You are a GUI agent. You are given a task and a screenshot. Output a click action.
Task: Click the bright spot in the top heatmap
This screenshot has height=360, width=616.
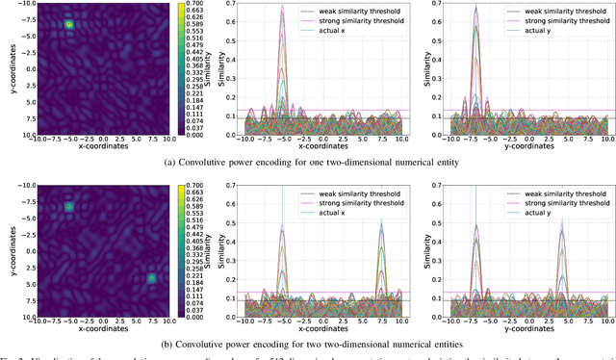tap(69, 25)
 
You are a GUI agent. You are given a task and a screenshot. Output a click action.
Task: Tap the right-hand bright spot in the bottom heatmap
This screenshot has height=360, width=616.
tap(151, 278)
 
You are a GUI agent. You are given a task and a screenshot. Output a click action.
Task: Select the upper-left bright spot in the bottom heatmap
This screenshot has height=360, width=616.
tap(68, 207)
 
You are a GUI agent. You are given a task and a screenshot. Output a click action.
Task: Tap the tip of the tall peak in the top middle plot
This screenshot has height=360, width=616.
tap(282, 8)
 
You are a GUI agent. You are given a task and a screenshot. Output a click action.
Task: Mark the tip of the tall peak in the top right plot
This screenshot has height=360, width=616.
tap(475, 8)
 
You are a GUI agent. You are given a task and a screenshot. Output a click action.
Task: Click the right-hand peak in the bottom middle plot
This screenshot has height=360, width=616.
tap(382, 223)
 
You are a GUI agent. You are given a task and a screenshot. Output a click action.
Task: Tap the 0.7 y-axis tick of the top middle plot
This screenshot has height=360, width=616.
tap(232, 4)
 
